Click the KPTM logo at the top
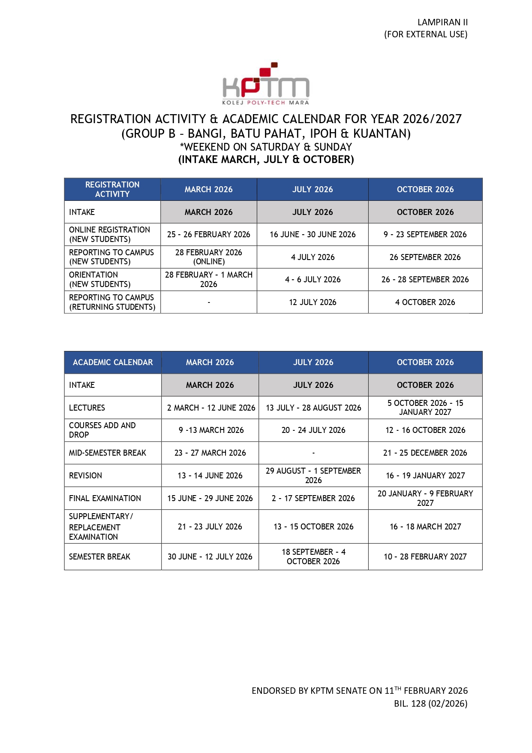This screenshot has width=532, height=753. click(x=266, y=84)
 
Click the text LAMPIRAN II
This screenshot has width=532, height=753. click(x=442, y=22)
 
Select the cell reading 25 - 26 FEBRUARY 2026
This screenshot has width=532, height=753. click(x=209, y=234)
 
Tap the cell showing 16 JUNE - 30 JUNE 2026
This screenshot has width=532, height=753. click(x=313, y=234)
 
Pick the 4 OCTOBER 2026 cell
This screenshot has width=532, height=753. click(x=425, y=302)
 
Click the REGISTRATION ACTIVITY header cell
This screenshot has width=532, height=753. click(x=112, y=189)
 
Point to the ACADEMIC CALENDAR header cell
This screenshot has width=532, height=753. click(x=113, y=362)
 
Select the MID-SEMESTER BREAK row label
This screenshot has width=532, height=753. click(x=108, y=453)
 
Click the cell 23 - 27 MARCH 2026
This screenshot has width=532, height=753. click(x=210, y=453)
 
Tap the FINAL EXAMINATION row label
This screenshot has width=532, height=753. click(x=105, y=498)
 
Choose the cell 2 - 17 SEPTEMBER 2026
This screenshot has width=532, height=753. click(x=313, y=498)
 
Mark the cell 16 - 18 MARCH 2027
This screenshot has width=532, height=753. click(x=425, y=526)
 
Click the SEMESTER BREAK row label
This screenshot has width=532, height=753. click(x=99, y=556)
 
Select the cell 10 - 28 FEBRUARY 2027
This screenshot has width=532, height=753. click(x=425, y=556)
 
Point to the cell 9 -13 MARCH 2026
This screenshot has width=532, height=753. click(x=210, y=430)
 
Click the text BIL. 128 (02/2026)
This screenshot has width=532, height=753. click(x=430, y=703)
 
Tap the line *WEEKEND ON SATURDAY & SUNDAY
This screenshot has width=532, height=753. click(x=266, y=147)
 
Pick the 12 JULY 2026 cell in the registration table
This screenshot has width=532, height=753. click(x=313, y=302)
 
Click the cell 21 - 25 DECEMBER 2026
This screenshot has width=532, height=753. click(x=425, y=453)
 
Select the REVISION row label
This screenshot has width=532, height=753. click(x=86, y=475)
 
